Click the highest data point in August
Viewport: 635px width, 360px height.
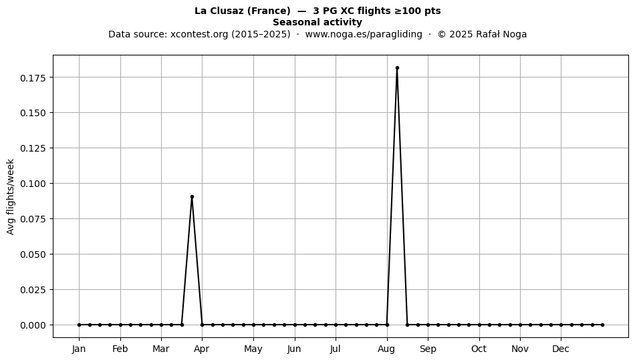[397, 68]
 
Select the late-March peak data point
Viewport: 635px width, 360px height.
[192, 197]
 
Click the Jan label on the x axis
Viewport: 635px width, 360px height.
[79, 349]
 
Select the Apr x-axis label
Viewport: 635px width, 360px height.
[202, 349]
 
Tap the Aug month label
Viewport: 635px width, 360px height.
[387, 349]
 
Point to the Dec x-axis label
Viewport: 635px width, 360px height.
[561, 349]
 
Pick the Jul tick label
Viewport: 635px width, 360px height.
[336, 349]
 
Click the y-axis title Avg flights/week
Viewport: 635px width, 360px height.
[11, 196]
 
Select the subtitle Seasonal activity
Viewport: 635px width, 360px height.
[317, 22]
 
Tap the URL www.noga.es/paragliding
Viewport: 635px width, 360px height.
[364, 34]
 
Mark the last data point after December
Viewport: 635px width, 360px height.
[603, 325]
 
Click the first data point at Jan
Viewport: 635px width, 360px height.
[79, 325]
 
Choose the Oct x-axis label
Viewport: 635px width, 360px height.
[479, 349]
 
